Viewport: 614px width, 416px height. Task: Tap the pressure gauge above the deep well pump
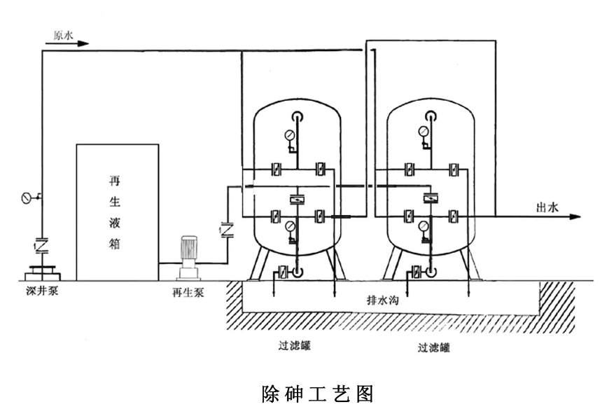click(27, 197)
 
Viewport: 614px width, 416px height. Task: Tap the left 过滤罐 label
click(292, 345)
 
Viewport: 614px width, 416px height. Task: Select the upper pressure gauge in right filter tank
click(423, 131)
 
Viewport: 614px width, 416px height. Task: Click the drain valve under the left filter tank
click(284, 272)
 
